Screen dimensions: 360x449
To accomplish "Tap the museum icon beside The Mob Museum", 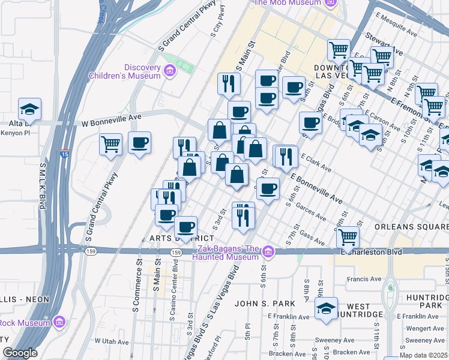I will pos(330,3).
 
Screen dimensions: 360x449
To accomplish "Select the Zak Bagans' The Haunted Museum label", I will pos(226,253).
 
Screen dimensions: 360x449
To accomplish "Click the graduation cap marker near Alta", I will pos(29,110).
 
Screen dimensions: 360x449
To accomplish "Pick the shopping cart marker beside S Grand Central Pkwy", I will pos(111,144).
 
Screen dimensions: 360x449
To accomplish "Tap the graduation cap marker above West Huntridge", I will pos(326,310).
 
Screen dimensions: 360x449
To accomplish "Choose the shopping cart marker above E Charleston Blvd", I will pos(348,238).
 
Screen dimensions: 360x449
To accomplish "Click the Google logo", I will pos(20,353).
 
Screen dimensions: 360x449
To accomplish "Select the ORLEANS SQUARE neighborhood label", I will pos(411,227).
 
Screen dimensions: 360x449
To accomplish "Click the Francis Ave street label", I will pos(366,279).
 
